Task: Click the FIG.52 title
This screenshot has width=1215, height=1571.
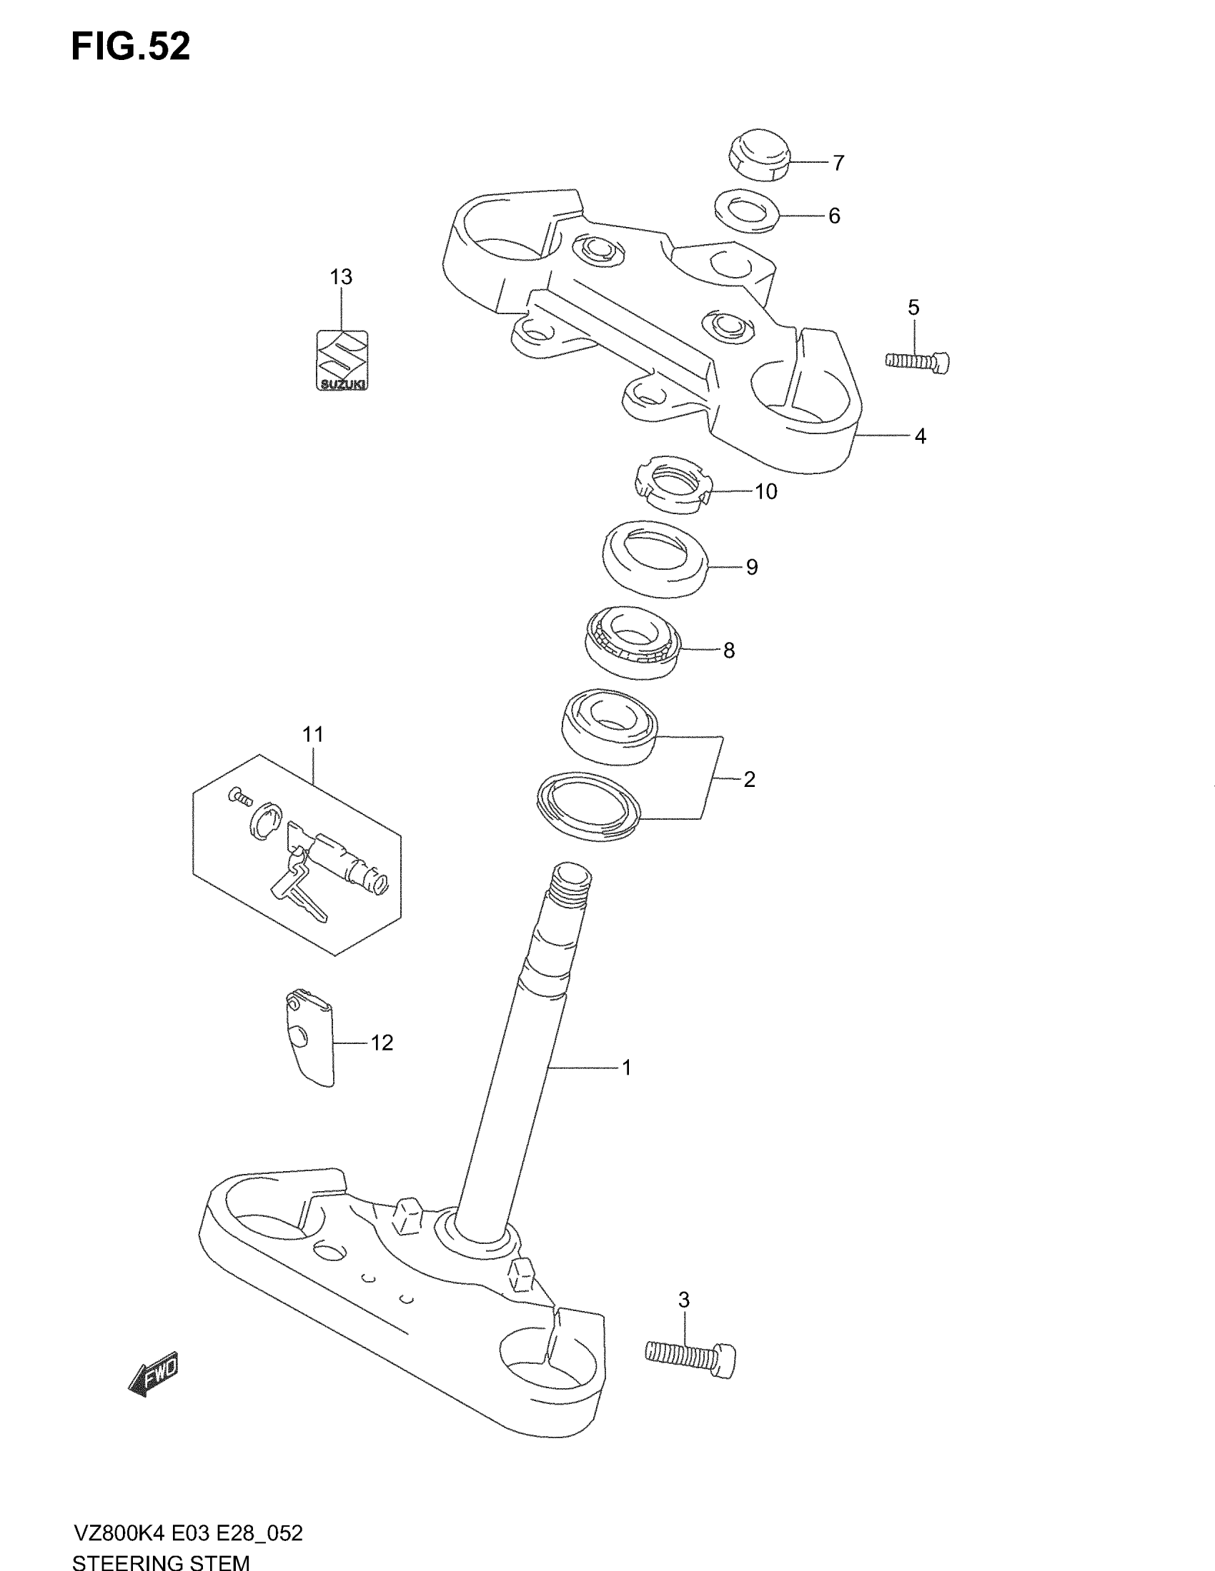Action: point(131,47)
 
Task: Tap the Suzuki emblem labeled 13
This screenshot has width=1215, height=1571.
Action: point(342,361)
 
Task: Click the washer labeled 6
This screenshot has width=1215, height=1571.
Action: point(748,211)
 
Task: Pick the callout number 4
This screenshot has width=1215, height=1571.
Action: point(920,436)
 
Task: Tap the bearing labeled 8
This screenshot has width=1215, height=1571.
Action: point(632,643)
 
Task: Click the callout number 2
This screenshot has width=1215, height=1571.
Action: point(749,779)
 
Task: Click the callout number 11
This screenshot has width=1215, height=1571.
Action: point(313,734)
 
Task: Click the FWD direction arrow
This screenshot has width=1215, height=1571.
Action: point(154,1373)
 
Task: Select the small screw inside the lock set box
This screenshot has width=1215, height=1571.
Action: point(239,795)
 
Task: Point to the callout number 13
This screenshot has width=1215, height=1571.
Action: point(341,276)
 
